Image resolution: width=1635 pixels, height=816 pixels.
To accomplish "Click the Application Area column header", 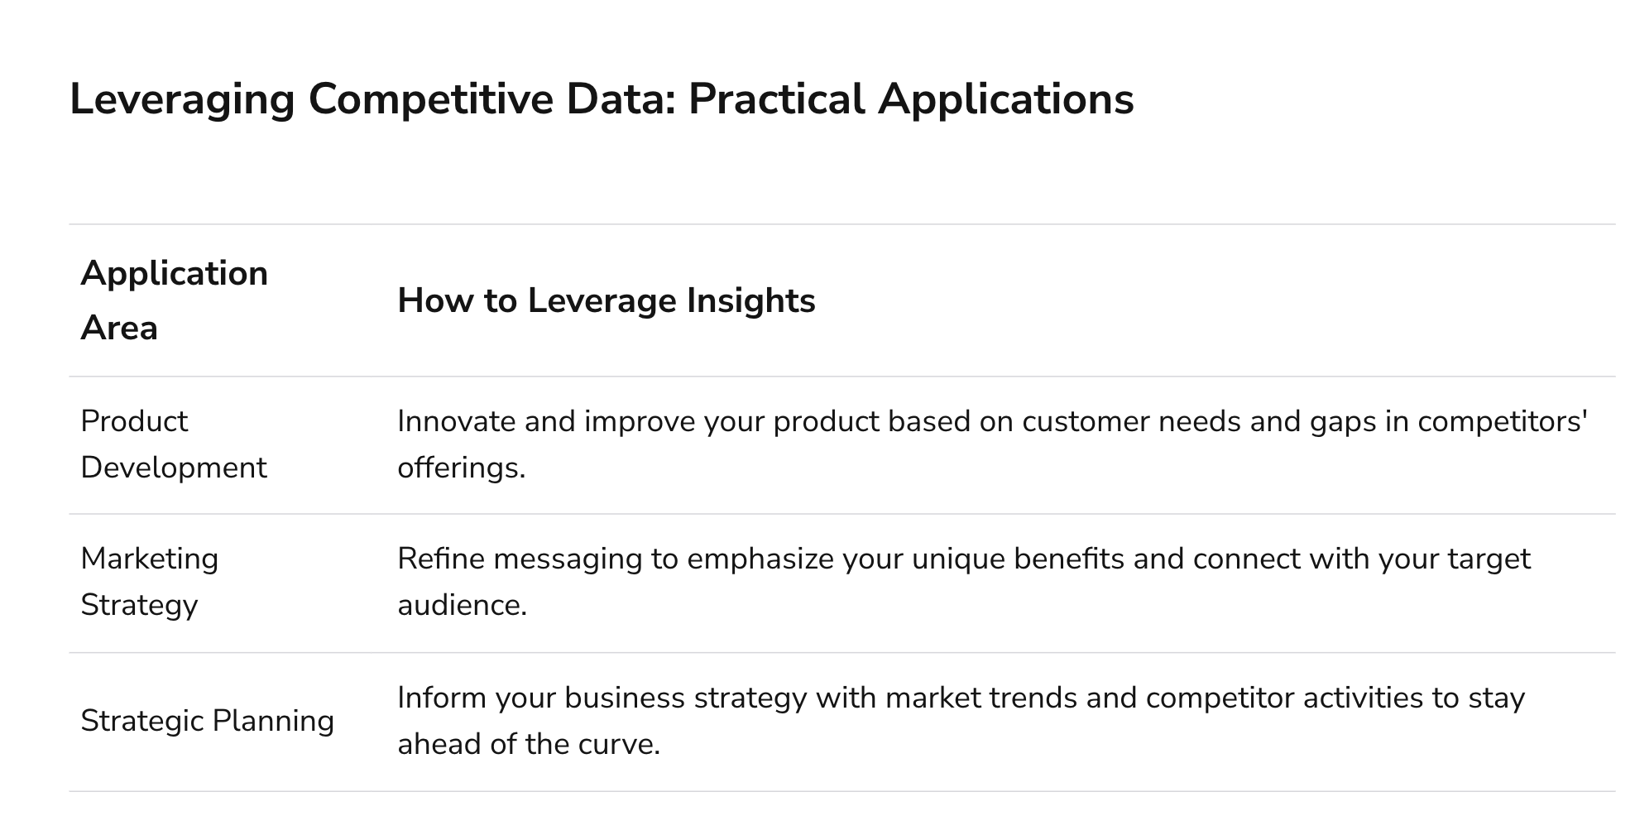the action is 175,300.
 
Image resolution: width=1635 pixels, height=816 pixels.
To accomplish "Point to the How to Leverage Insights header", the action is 607,300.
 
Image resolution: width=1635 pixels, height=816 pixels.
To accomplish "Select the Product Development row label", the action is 174,444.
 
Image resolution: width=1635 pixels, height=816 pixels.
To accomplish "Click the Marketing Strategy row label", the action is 150,582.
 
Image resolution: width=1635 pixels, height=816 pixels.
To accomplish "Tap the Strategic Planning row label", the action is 208,721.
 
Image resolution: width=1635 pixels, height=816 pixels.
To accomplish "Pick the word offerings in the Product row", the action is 461,468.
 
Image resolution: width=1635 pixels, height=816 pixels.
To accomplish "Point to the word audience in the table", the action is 462,606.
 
